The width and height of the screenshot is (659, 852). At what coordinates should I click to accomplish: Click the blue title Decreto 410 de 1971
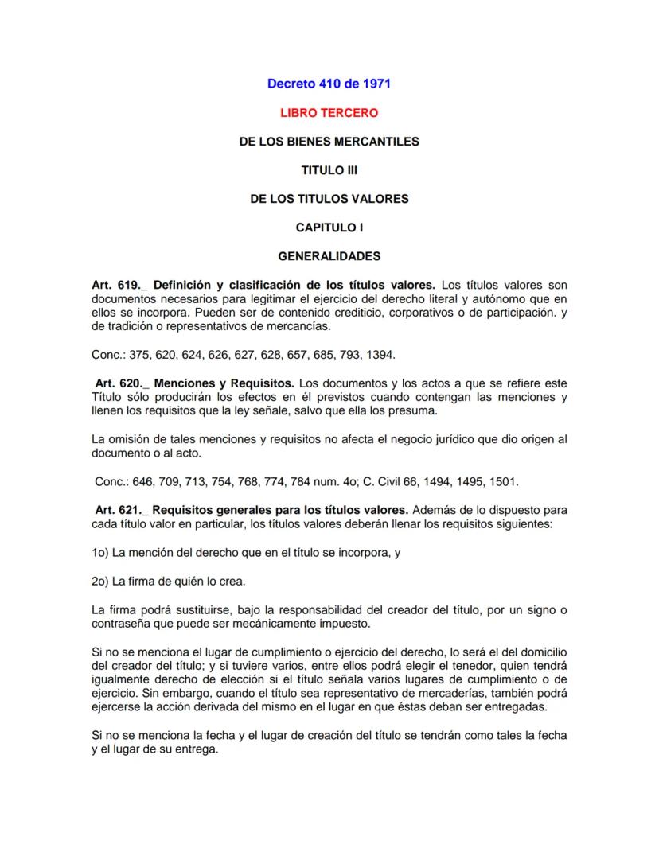point(329,83)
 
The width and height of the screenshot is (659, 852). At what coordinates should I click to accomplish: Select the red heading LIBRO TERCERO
point(329,113)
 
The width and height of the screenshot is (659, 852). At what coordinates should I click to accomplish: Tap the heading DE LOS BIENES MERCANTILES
point(329,142)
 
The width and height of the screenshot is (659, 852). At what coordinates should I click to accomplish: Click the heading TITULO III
point(329,170)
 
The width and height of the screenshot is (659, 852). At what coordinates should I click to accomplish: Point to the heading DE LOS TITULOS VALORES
point(329,199)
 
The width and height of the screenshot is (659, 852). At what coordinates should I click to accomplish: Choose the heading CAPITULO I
point(329,228)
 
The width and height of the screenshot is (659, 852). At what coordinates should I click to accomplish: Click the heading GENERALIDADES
point(329,256)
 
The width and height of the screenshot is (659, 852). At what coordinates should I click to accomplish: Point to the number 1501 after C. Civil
point(502,481)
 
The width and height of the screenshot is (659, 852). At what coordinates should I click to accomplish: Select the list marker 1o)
point(102,552)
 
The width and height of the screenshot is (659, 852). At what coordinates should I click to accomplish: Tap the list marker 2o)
point(102,581)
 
